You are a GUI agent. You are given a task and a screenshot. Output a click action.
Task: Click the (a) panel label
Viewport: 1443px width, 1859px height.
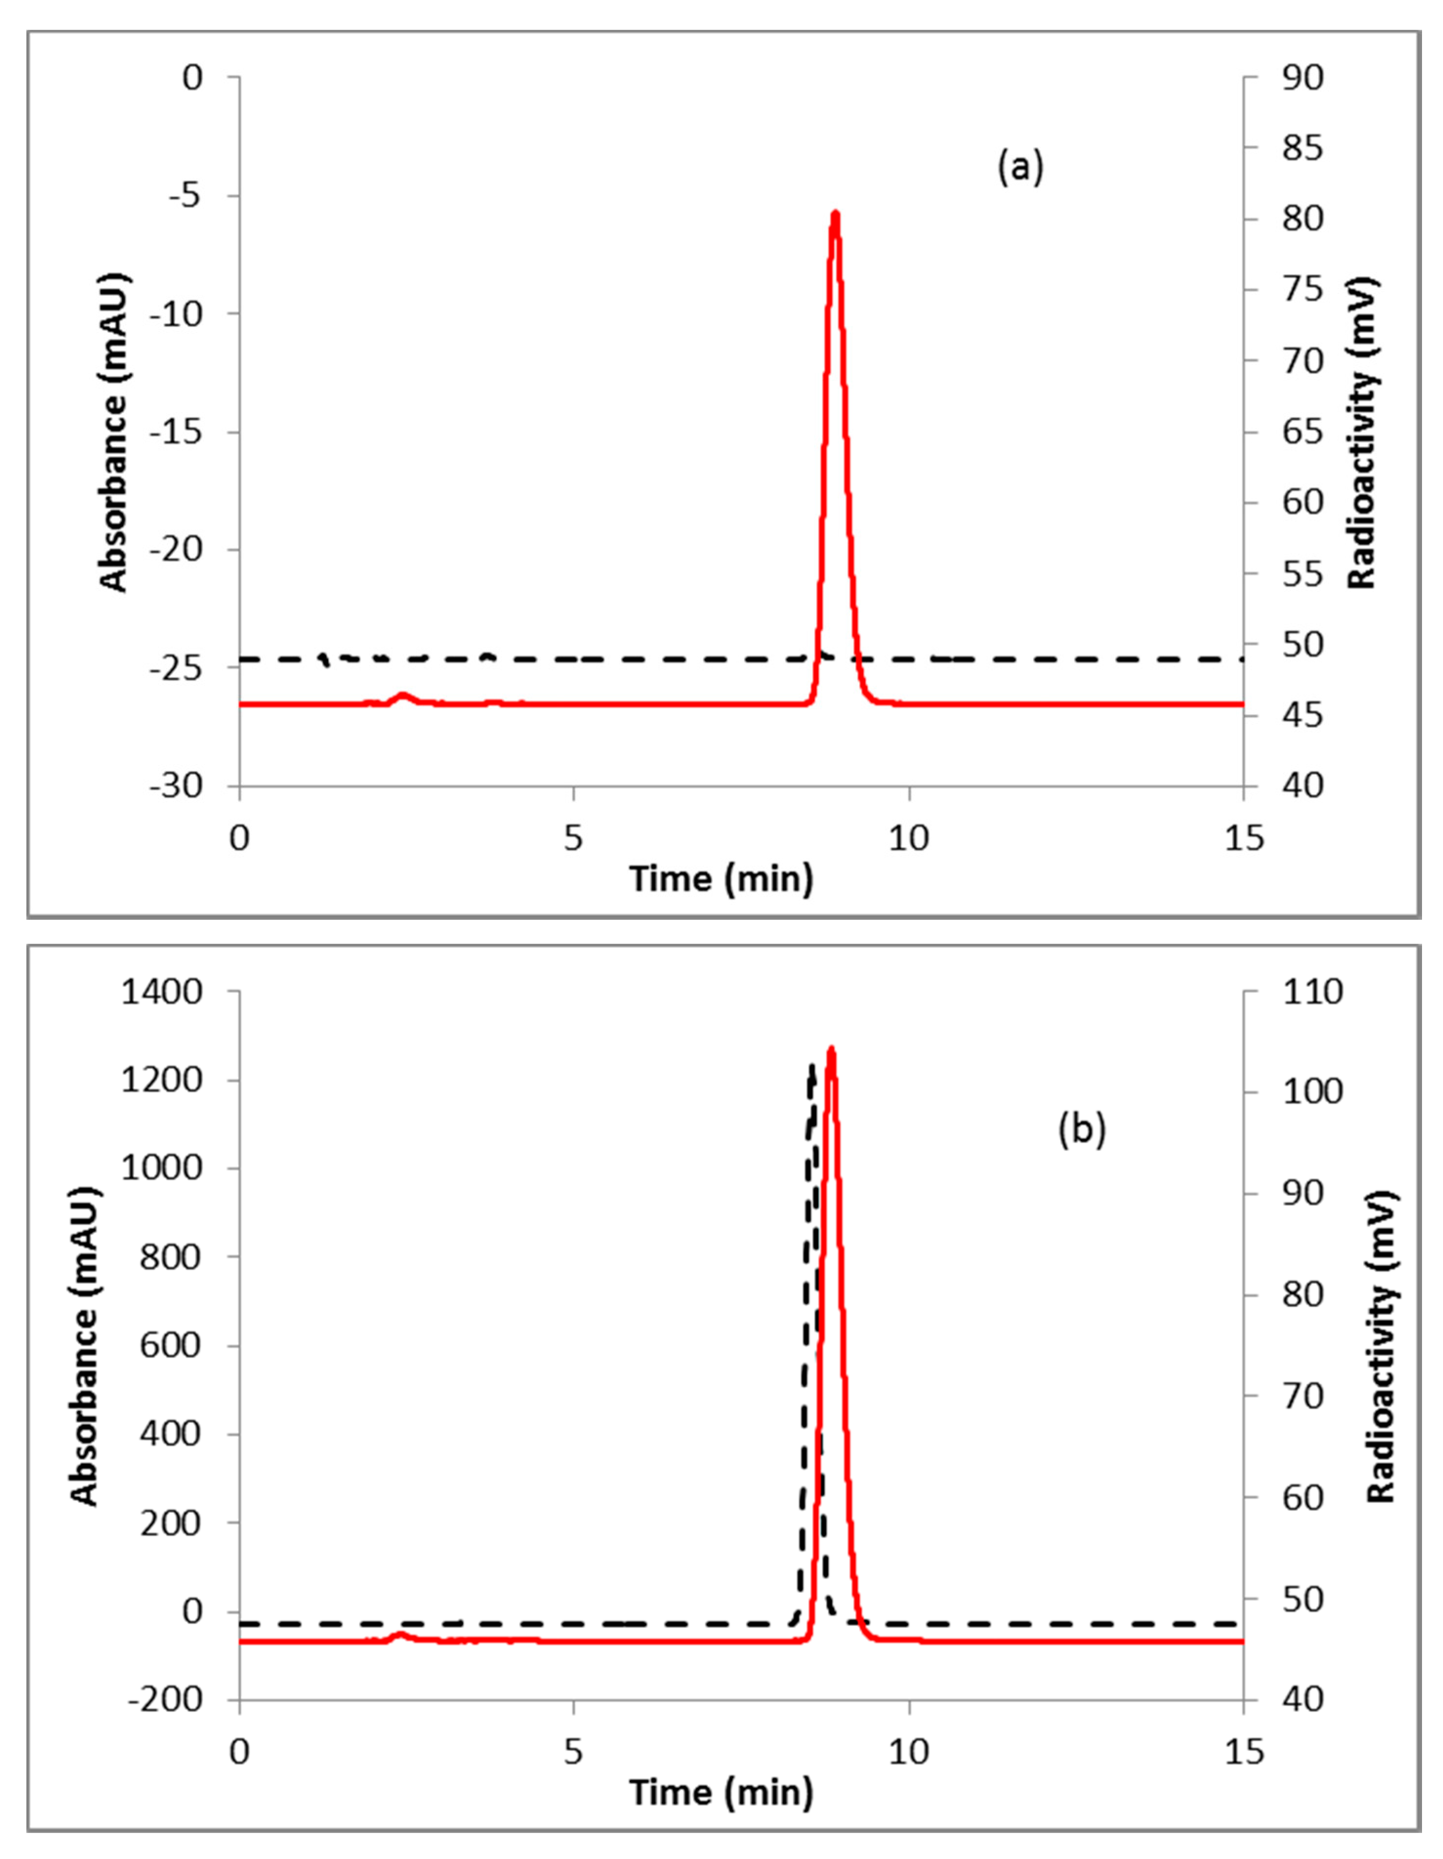[x=1019, y=167]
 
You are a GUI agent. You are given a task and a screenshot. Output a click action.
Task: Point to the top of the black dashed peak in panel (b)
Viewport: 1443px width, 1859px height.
[x=812, y=1066]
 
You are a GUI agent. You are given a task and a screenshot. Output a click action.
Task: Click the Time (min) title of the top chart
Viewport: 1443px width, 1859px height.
[x=721, y=878]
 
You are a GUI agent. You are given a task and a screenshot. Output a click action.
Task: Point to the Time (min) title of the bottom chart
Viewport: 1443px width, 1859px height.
[x=721, y=1792]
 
